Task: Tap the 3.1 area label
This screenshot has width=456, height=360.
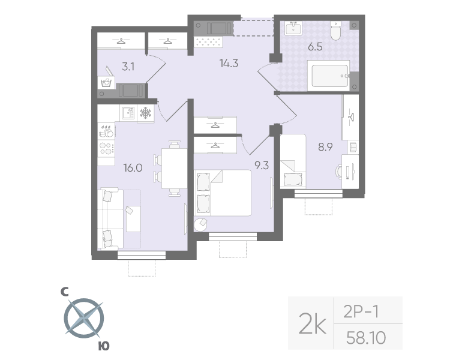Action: coord(128,67)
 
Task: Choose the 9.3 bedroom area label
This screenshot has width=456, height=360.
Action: coord(261,166)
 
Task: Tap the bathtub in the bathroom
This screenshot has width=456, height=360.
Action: coord(328,76)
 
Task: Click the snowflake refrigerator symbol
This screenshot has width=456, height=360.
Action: coord(145,113)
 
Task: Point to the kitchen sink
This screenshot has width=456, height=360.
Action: coord(128,112)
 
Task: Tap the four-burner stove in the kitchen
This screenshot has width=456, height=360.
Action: coord(106,148)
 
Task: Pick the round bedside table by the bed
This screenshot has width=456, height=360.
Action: coord(200,224)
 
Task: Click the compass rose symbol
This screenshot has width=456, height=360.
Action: coord(83,319)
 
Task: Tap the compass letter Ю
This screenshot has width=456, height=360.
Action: coord(103,346)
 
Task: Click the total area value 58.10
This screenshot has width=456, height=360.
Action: coord(365,339)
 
